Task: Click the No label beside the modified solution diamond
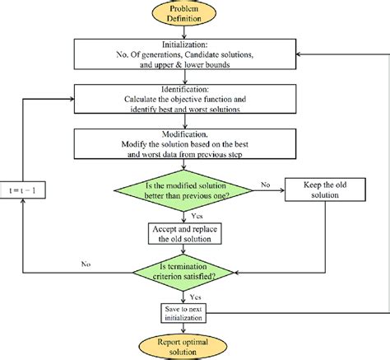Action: [266, 186]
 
